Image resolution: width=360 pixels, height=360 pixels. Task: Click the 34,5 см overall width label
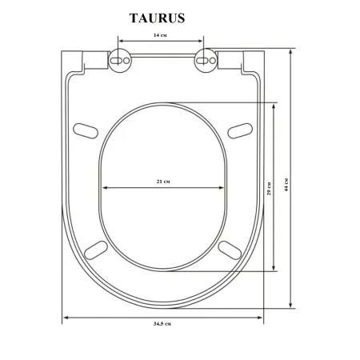point(162,324)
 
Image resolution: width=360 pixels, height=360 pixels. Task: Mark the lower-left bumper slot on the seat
point(96,248)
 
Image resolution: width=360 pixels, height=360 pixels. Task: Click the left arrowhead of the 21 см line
point(105,189)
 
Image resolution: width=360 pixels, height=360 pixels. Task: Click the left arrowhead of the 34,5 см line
point(66,317)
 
